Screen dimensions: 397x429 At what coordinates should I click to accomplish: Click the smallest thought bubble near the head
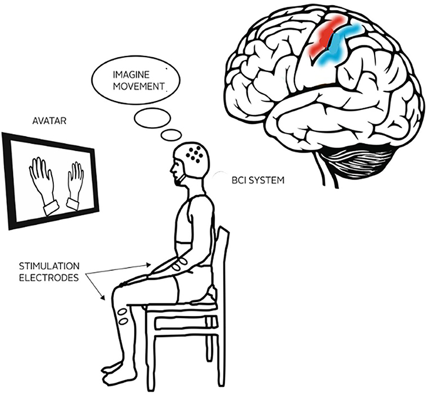[170, 135]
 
